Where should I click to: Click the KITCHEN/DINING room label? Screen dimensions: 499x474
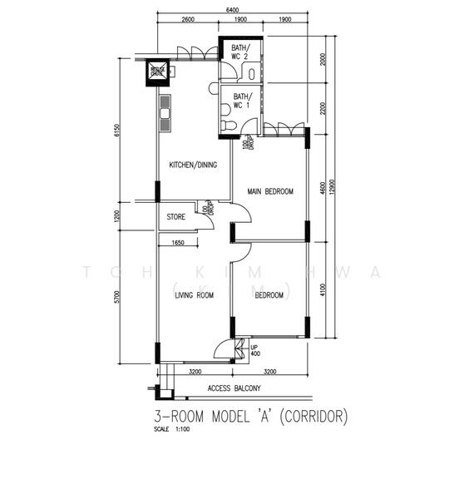point(193,165)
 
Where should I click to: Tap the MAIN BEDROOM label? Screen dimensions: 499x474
point(270,191)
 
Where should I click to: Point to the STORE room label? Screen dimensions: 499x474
point(175,218)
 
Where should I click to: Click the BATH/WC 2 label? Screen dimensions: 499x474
point(240,52)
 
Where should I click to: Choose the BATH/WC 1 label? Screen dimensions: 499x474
point(240,101)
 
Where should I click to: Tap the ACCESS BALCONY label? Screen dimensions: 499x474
point(234,388)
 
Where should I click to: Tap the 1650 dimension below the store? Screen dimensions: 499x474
point(178,243)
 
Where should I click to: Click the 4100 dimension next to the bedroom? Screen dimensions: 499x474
point(322,289)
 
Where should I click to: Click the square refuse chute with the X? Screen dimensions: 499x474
point(158,73)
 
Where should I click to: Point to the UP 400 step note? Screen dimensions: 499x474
point(254,349)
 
